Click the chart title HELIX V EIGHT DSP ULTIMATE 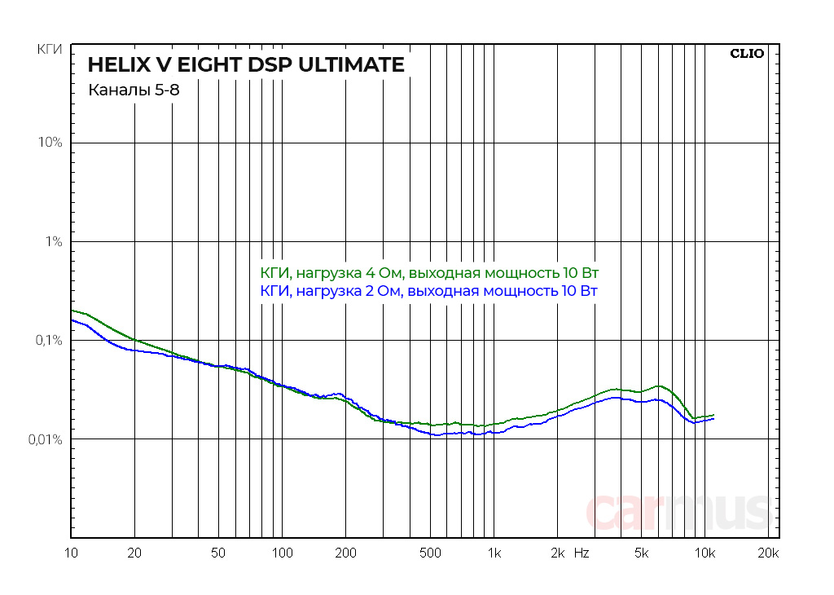(246, 65)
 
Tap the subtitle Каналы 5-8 (134, 90)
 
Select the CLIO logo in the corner (746, 54)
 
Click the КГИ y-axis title (50, 51)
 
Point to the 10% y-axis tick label (50, 143)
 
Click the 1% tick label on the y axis (53, 241)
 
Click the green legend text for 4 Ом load (430, 272)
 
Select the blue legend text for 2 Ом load (430, 291)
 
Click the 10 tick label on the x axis (72, 553)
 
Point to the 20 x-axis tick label (135, 553)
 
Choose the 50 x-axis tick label (218, 553)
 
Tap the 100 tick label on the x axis (282, 553)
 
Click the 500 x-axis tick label (430, 553)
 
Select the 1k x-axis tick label (494, 553)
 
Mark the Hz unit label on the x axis (582, 553)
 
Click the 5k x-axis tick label (642, 553)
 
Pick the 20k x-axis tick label (767, 553)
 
